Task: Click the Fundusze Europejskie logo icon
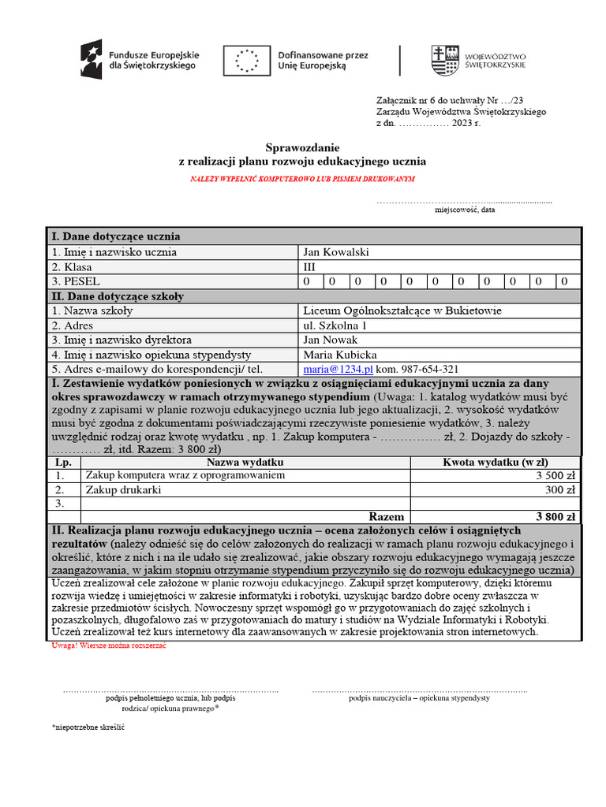click(x=92, y=59)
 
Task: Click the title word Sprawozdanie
click(x=302, y=147)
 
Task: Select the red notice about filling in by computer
click(x=302, y=179)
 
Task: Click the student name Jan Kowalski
click(x=335, y=252)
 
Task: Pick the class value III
click(x=309, y=267)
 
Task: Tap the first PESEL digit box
click(x=310, y=281)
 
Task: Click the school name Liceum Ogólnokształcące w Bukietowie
click(x=402, y=311)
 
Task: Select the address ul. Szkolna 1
click(x=335, y=325)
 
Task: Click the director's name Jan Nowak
click(x=330, y=340)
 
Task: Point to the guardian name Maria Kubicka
click(x=339, y=355)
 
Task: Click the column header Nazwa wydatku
click(x=245, y=462)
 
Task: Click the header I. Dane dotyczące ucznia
click(x=116, y=236)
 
